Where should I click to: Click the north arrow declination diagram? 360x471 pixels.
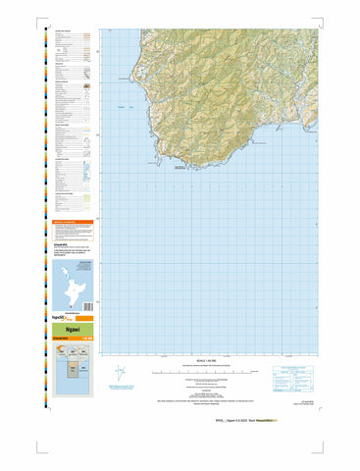pos(119,375)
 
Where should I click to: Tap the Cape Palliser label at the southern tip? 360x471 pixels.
pos(180,169)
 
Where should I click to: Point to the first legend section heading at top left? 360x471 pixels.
pos(63,31)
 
